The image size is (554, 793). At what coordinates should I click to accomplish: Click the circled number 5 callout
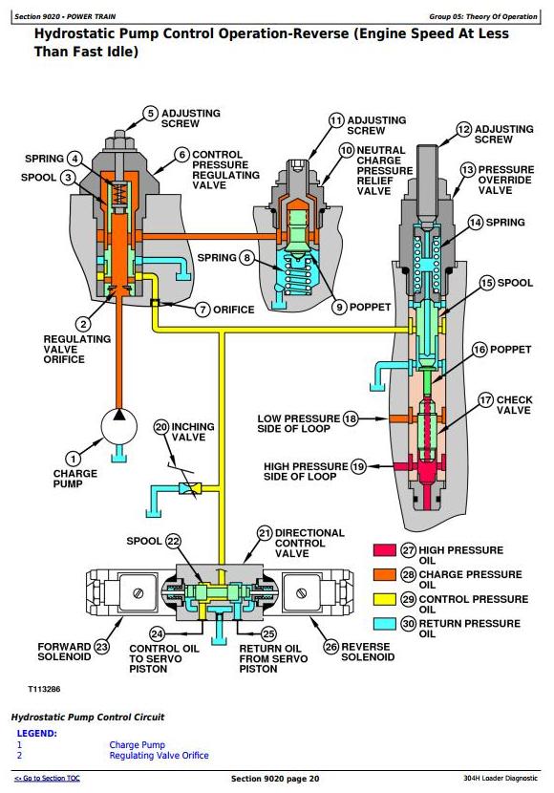[151, 114]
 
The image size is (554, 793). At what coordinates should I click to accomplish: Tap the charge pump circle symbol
[119, 426]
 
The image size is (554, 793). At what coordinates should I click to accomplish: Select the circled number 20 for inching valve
[161, 427]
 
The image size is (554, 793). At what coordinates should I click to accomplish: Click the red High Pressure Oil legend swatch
[385, 549]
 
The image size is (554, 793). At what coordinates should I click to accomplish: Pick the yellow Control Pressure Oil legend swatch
[385, 599]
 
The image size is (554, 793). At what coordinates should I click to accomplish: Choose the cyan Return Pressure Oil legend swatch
[385, 624]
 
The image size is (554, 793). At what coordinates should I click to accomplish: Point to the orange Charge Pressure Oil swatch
[385, 574]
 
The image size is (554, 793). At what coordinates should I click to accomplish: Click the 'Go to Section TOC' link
[47, 779]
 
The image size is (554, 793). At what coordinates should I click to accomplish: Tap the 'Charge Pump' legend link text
[137, 744]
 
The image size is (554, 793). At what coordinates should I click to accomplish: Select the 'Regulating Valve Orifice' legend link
[159, 755]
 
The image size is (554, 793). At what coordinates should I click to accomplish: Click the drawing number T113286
[44, 689]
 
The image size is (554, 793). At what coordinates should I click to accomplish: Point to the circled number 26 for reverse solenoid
[330, 647]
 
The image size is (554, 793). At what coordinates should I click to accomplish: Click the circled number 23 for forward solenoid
[102, 647]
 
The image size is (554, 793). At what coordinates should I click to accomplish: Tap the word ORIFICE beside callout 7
[233, 310]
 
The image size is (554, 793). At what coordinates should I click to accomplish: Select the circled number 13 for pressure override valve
[468, 170]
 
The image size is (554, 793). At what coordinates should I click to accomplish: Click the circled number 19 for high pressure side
[358, 466]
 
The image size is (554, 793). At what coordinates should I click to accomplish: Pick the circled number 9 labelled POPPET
[340, 307]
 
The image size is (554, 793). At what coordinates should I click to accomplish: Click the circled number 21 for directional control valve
[265, 533]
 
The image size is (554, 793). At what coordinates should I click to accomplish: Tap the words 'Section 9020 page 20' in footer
[275, 779]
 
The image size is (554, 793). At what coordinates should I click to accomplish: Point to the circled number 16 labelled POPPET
[479, 350]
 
